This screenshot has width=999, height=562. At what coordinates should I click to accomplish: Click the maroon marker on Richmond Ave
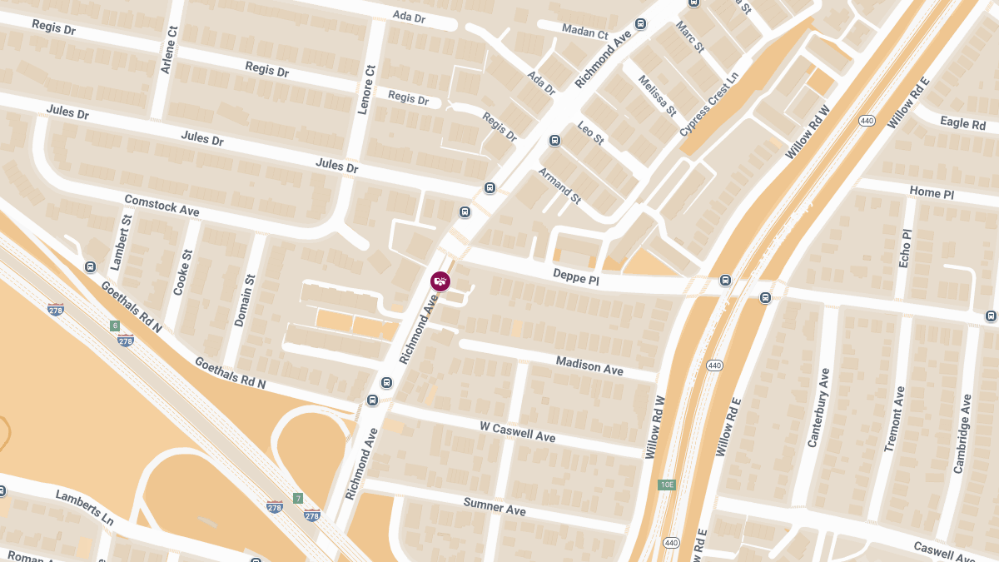coord(440,281)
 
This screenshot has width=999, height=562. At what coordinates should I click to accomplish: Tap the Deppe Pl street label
coord(576,277)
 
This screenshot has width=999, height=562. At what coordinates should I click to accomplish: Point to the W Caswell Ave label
coord(517,431)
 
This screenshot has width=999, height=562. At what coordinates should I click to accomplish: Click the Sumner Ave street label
coord(495,505)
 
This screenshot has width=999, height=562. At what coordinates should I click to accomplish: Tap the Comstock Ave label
coord(162,205)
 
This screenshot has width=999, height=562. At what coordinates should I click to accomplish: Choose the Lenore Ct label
coord(362,90)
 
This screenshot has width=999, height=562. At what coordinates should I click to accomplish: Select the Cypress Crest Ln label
coord(709,104)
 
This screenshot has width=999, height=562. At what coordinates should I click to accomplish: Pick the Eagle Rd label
coord(962,123)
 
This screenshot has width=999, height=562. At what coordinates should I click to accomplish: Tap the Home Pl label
coord(931,192)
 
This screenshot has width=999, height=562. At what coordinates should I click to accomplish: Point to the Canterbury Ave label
coord(819,408)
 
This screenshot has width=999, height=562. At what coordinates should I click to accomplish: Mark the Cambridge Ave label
coord(962,434)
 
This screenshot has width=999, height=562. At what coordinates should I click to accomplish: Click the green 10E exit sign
coord(666,485)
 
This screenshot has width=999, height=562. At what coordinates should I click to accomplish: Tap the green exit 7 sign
coord(297,498)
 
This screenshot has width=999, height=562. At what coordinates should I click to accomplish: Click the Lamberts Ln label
coord(84,507)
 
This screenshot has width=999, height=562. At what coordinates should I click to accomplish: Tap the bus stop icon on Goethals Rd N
coord(90,266)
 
